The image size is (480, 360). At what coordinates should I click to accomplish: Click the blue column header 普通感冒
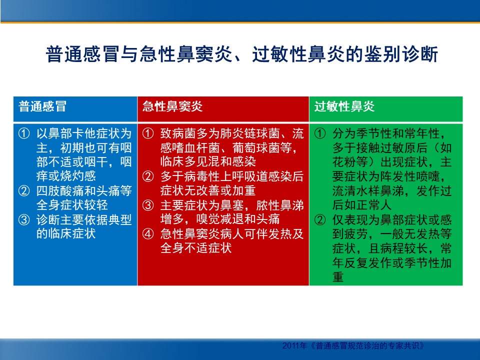[x=42, y=106]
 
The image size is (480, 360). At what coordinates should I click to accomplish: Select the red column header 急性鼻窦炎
[x=172, y=106]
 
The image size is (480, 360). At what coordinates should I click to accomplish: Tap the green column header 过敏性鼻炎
[x=344, y=106]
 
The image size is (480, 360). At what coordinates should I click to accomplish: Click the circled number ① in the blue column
[x=24, y=133]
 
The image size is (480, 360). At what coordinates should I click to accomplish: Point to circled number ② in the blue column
[x=24, y=190]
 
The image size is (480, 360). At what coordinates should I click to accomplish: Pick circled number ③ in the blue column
[x=24, y=219]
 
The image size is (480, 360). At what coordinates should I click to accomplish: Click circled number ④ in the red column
[x=148, y=234]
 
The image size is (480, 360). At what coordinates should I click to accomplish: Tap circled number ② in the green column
[x=320, y=219]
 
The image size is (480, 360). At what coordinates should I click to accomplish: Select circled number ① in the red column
[x=148, y=133]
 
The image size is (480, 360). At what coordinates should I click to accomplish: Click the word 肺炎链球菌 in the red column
[x=250, y=133]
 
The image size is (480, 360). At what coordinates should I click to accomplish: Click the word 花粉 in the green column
[x=344, y=162]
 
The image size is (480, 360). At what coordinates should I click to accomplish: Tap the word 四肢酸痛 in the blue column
[x=60, y=190]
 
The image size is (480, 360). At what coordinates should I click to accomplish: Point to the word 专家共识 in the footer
[x=403, y=346]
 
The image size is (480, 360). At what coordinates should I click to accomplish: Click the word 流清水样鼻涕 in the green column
[x=368, y=190]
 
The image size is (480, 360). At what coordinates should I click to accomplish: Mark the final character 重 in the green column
[x=338, y=276]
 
